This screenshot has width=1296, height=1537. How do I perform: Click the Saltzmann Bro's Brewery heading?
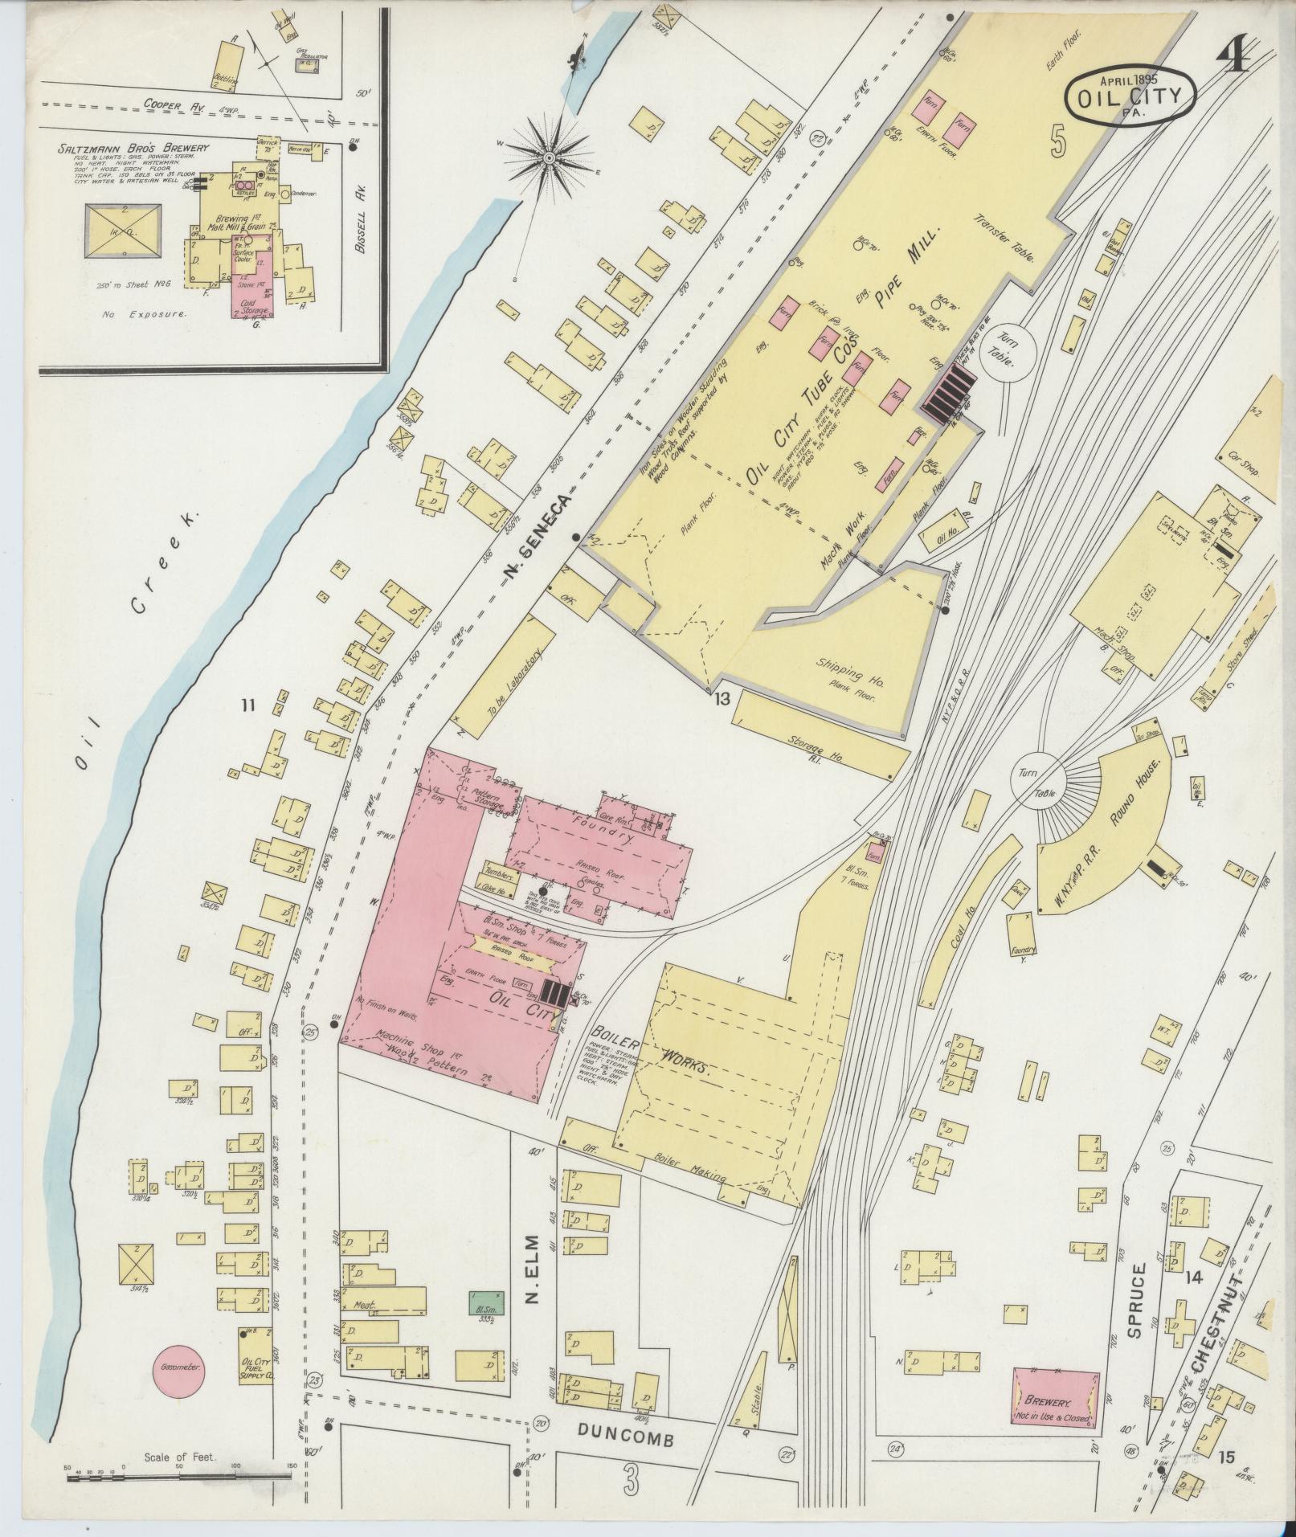pos(133,148)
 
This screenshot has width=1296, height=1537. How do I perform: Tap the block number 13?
pos(722,699)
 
